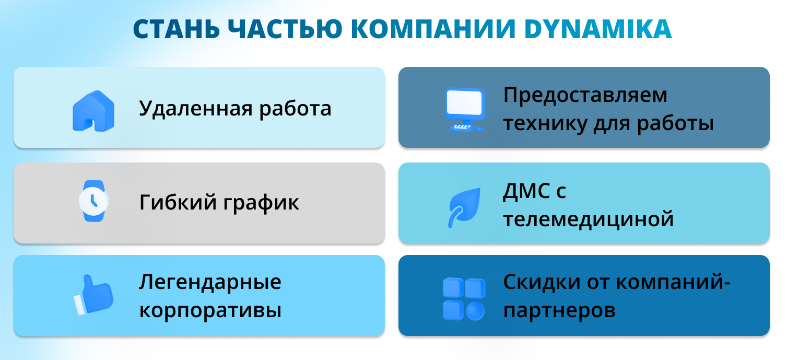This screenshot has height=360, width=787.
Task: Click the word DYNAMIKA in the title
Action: tap(598, 29)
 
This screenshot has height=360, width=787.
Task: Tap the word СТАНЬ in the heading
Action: tap(177, 29)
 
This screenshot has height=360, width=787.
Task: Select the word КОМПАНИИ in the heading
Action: tap(433, 29)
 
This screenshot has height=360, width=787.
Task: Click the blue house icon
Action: tap(93, 111)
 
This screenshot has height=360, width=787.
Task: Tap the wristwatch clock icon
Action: tap(93, 201)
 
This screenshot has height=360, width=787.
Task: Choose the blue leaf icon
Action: tap(464, 207)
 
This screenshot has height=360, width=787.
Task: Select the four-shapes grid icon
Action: tap(464, 299)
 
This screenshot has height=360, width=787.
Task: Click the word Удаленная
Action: tap(196, 108)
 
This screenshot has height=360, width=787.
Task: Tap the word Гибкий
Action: tap(178, 202)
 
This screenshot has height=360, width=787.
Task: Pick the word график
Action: tap(262, 203)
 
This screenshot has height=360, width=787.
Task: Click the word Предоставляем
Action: tap(585, 95)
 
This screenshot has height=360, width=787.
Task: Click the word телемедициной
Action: tap(589, 220)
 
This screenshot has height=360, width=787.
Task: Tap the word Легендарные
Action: tap(210, 282)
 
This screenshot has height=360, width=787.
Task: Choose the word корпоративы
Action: tap(210, 311)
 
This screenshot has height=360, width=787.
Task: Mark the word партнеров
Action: tap(559, 311)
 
